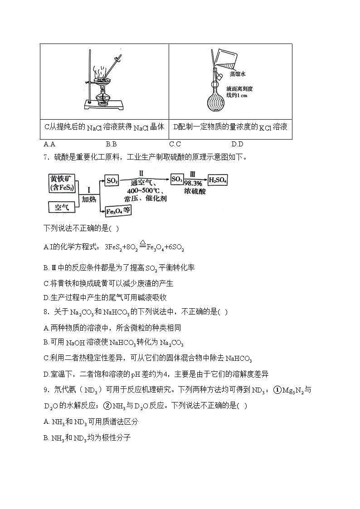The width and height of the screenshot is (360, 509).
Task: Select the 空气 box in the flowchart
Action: point(61,208)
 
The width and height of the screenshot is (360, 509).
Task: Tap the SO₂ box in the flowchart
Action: point(112,180)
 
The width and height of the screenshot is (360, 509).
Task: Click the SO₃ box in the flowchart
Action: point(177,179)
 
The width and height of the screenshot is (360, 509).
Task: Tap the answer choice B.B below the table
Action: point(111,145)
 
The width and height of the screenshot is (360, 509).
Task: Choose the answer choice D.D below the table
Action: point(237,145)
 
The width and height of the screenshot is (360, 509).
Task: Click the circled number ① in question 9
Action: point(277,390)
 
